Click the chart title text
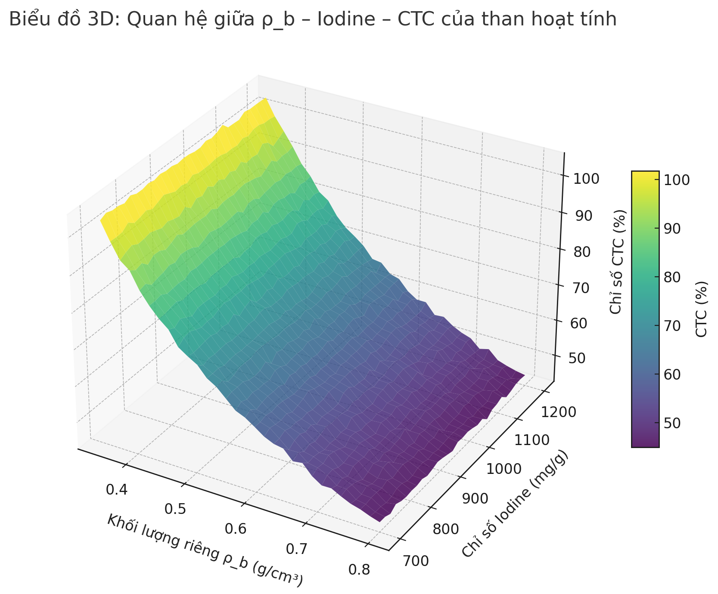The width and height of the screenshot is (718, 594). (313, 20)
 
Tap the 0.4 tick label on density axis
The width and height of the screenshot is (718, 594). (116, 489)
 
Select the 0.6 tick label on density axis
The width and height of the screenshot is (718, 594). (236, 529)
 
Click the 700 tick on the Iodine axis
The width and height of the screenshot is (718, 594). (415, 561)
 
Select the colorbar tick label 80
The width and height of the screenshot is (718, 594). (674, 277)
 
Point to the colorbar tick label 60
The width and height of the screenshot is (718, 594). (674, 374)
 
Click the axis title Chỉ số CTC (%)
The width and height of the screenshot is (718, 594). (618, 261)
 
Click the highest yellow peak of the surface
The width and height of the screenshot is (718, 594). (264, 100)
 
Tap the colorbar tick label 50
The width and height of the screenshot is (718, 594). (674, 423)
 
